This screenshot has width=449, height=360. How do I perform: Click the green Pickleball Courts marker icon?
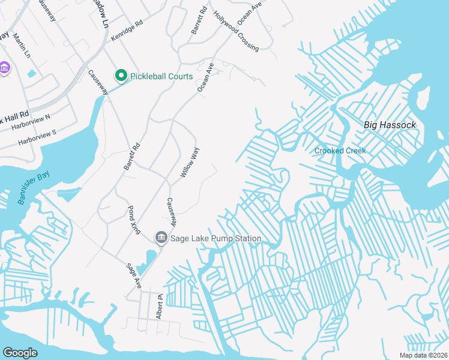121,76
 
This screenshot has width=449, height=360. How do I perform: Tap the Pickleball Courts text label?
163,76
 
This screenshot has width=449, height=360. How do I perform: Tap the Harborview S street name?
37,137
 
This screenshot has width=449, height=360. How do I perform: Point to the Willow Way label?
190,162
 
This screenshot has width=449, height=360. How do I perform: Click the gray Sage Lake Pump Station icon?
161,238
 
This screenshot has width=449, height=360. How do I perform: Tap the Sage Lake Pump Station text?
215,238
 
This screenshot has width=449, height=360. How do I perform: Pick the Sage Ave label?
133,275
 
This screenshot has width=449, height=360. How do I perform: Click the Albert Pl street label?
160,307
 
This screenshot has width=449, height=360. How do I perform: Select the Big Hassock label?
390,125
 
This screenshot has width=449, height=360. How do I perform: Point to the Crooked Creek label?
340,151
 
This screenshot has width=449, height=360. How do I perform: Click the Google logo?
20,353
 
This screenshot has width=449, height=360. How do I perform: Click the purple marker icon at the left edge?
4,68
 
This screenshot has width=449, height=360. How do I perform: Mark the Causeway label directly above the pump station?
171,212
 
